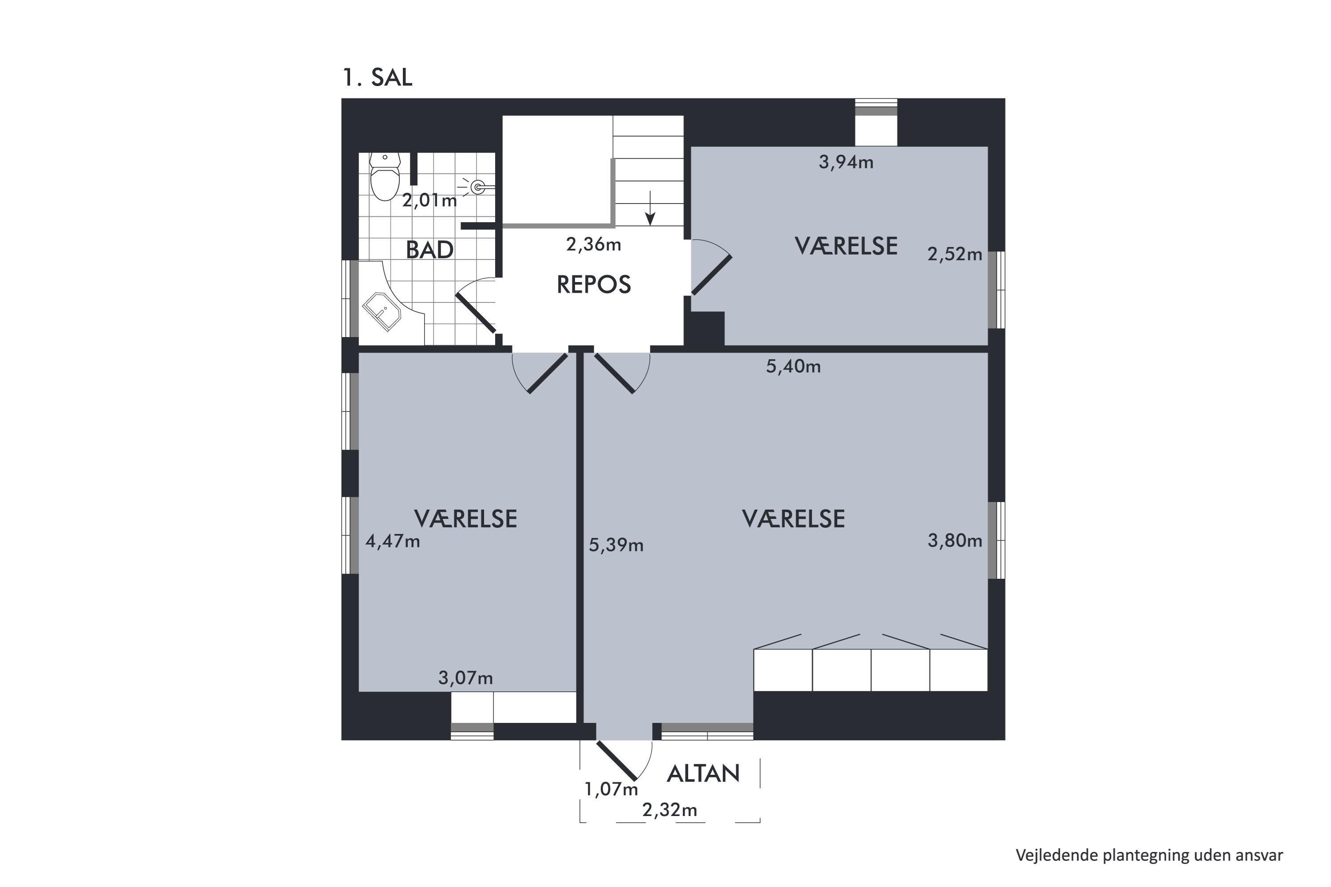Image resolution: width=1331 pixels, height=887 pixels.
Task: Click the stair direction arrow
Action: click(x=651, y=208)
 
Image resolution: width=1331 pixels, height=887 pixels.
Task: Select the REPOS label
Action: click(x=594, y=285)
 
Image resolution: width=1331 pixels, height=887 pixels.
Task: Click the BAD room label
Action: click(x=429, y=249)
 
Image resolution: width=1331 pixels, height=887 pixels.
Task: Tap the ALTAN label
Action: click(x=703, y=773)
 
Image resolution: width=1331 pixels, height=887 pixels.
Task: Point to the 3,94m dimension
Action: click(x=846, y=162)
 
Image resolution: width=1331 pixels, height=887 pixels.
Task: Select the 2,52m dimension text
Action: click(x=955, y=254)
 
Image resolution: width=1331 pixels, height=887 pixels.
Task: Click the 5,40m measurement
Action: click(x=793, y=367)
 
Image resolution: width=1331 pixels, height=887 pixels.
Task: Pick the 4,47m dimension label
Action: click(x=393, y=542)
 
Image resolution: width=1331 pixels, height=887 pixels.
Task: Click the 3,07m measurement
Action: click(x=466, y=678)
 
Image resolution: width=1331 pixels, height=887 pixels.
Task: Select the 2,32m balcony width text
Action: click(x=669, y=810)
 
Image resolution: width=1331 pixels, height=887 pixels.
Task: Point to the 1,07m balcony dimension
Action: click(x=611, y=789)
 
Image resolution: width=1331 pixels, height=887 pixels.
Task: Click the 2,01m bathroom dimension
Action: click(x=429, y=200)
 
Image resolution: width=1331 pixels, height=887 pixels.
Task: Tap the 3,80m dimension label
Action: click(x=955, y=541)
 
